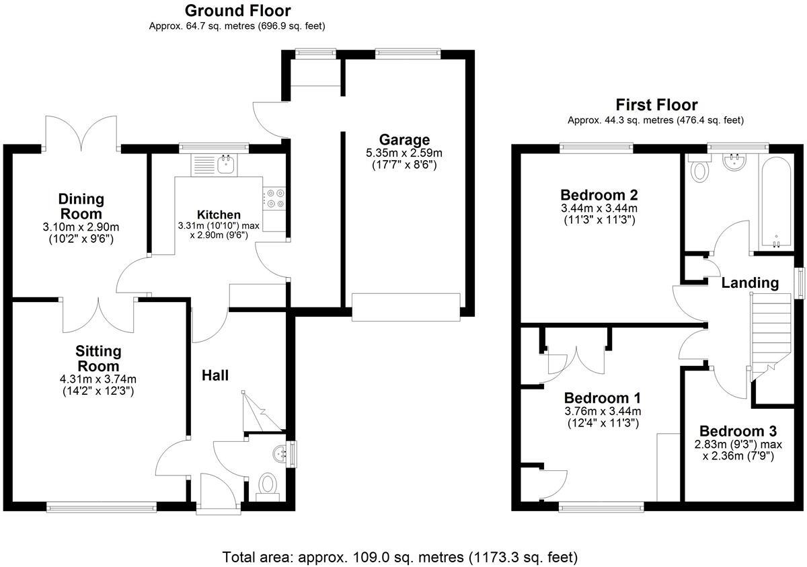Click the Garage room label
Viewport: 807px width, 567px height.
pyautogui.click(x=404, y=140)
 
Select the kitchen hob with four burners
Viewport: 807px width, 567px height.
pyautogui.click(x=274, y=198)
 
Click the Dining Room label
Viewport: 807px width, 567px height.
pyautogui.click(x=81, y=206)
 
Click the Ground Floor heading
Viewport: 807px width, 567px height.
pyautogui.click(x=237, y=11)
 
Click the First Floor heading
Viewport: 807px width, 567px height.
pyautogui.click(x=656, y=105)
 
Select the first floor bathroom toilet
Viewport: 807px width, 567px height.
pyautogui.click(x=701, y=170)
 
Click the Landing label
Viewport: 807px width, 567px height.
pyautogui.click(x=750, y=283)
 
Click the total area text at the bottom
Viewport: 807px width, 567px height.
pyautogui.click(x=400, y=558)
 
